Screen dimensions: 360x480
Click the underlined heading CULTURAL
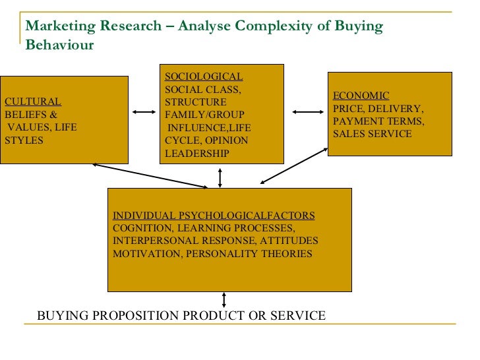pyautogui.click(x=33, y=102)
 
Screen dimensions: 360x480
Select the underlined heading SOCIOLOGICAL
pyautogui.click(x=203, y=77)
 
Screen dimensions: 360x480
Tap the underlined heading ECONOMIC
pyautogui.click(x=361, y=96)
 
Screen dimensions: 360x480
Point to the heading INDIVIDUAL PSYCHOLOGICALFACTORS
pyautogui.click(x=214, y=216)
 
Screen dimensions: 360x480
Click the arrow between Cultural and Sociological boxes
pyautogui.click(x=144, y=113)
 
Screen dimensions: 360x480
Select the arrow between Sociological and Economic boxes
pyautogui.click(x=305, y=113)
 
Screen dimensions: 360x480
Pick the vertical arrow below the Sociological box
pyautogui.click(x=220, y=176)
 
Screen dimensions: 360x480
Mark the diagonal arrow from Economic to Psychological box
pyautogui.click(x=294, y=166)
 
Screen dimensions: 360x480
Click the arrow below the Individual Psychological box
pyautogui.click(x=225, y=300)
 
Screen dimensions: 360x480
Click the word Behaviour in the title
pyautogui.click(x=60, y=45)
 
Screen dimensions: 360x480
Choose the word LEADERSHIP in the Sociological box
pyautogui.click(x=196, y=153)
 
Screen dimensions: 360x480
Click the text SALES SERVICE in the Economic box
pyautogui.click(x=372, y=134)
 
